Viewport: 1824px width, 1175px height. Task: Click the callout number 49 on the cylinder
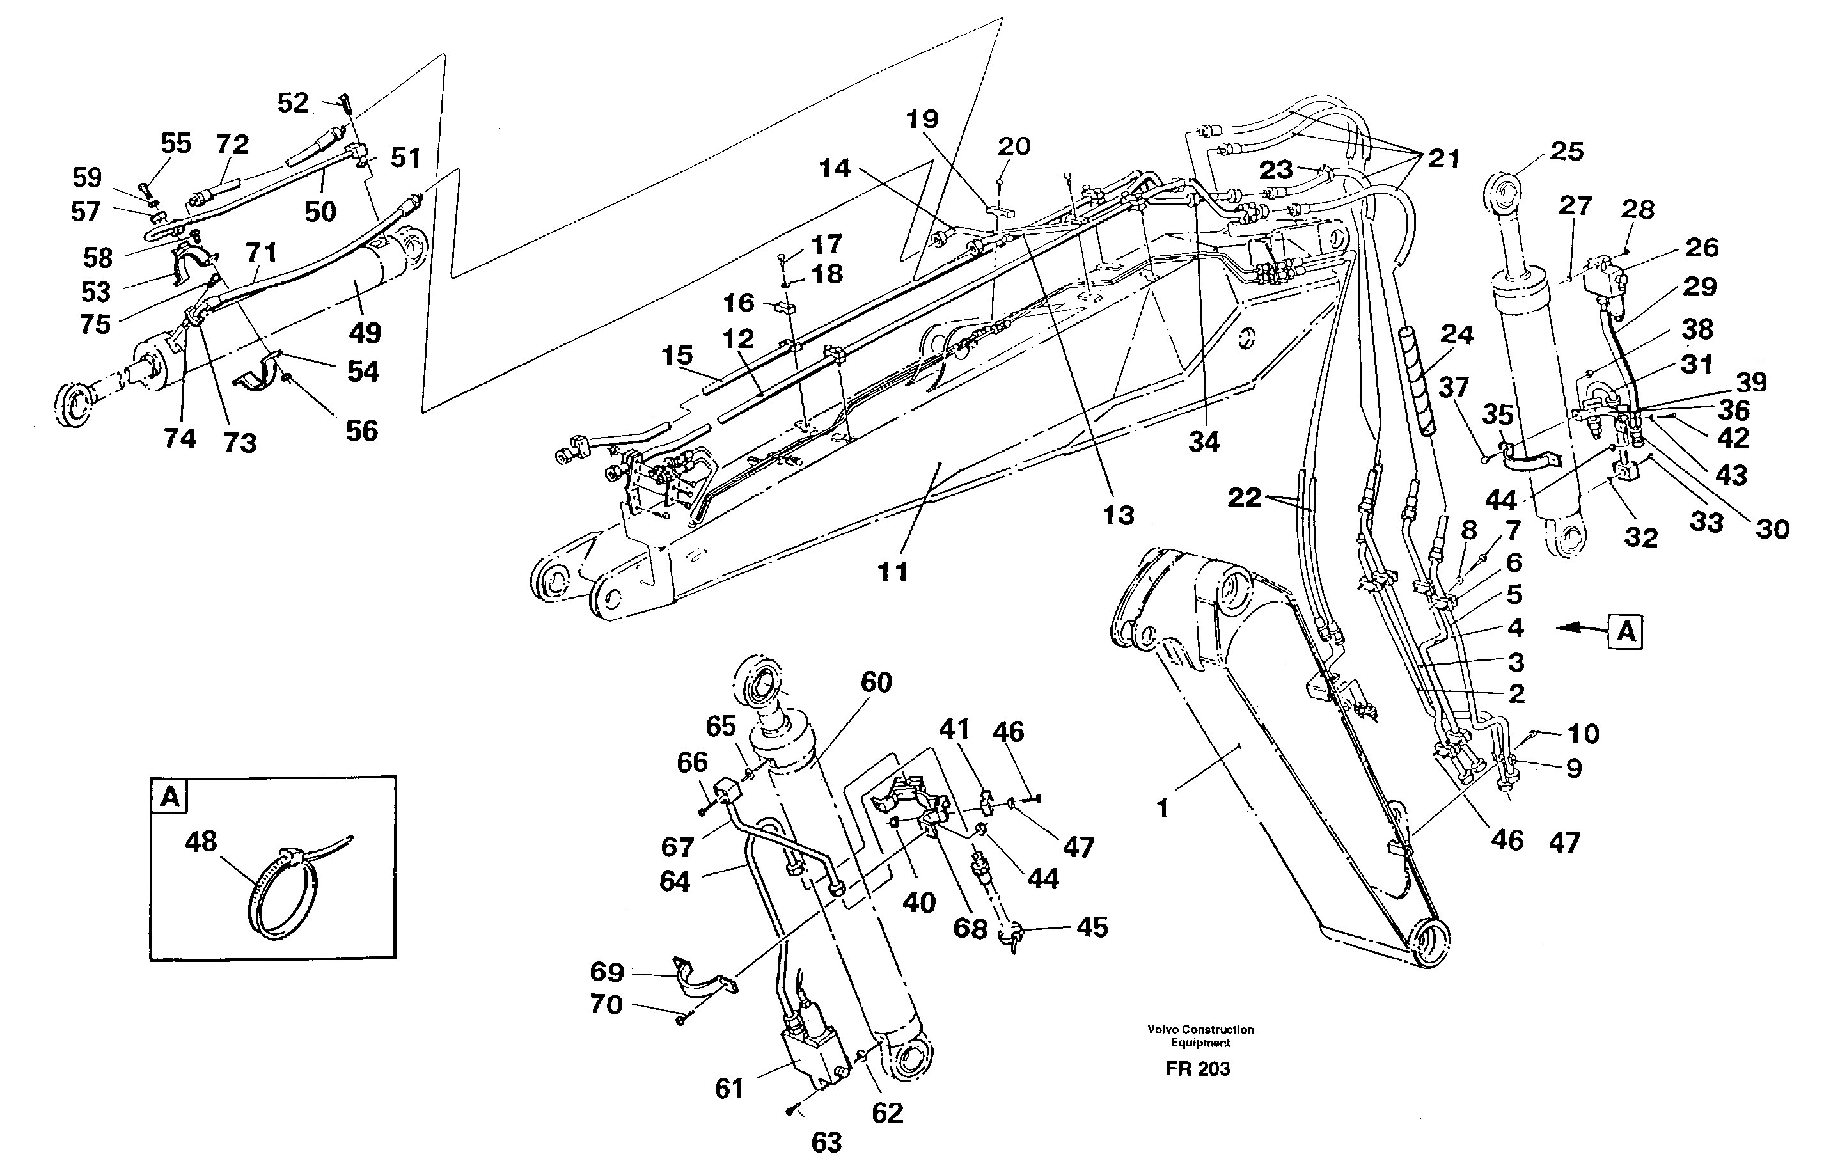pyautogui.click(x=365, y=333)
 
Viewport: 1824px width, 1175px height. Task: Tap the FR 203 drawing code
pyautogui.click(x=1197, y=1069)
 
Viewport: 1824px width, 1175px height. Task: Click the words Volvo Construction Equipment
pyautogui.click(x=1200, y=1036)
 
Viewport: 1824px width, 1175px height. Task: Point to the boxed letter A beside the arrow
pyautogui.click(x=1626, y=632)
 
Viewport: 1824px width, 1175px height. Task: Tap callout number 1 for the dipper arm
pyautogui.click(x=1163, y=808)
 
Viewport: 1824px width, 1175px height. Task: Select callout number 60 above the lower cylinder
pyautogui.click(x=876, y=682)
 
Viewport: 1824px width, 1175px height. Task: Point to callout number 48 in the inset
pyautogui.click(x=201, y=842)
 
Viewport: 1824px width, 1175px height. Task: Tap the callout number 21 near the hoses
pyautogui.click(x=1443, y=159)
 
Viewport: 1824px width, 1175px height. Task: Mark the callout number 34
pyautogui.click(x=1203, y=442)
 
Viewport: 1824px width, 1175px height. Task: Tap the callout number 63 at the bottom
pyautogui.click(x=826, y=1142)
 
